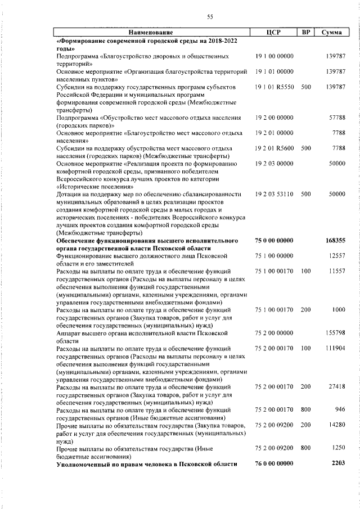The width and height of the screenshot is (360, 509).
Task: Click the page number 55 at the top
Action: click(210, 17)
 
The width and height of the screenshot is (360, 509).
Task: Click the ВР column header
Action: click(306, 32)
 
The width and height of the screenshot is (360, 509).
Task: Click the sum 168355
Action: click(335, 240)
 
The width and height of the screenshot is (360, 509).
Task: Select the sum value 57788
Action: click(336, 118)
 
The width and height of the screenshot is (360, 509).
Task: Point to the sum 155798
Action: click(335, 333)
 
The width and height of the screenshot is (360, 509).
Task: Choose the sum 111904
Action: click(335, 349)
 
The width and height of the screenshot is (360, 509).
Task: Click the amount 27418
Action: click(336, 387)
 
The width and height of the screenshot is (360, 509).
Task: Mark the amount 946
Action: click(339, 410)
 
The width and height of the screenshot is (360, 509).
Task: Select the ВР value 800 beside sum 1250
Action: click(306, 448)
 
